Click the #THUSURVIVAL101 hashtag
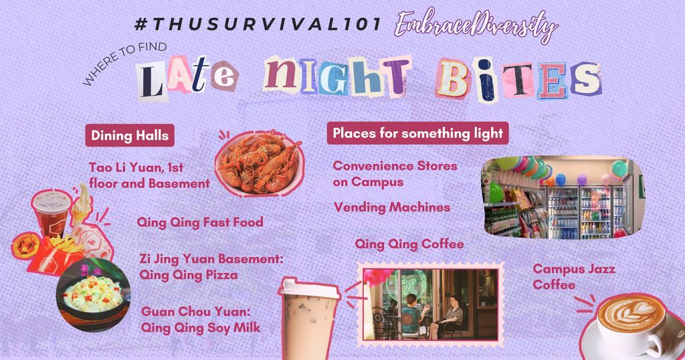point(258,25)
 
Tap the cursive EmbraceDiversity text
point(476,25)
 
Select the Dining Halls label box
point(130,135)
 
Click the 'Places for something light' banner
point(417,132)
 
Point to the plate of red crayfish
point(259,163)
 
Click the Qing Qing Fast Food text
point(200,222)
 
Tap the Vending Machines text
point(392,207)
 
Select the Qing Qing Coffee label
point(409,244)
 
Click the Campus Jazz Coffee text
point(574,276)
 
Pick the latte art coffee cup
point(631,325)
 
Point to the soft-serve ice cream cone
point(82,205)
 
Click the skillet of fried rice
point(93,295)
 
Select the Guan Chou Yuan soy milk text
point(201,320)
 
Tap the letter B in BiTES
point(453,80)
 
